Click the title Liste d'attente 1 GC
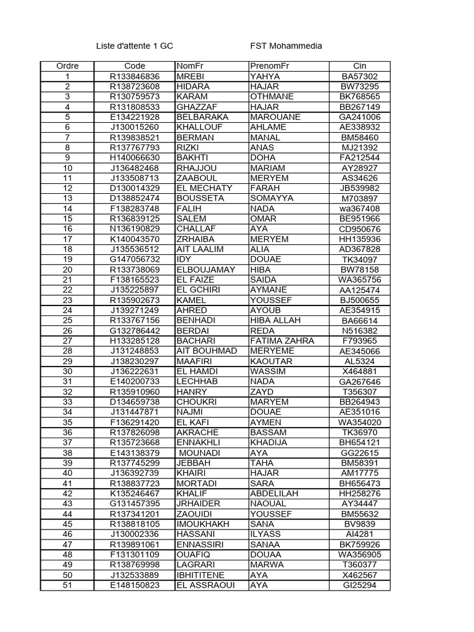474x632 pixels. (x=135, y=46)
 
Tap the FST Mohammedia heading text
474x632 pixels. (x=286, y=46)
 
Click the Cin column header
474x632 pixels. (x=359, y=66)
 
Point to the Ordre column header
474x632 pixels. (x=67, y=66)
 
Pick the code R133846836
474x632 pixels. (x=135, y=77)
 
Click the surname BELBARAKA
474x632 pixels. (x=202, y=117)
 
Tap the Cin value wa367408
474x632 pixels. (x=360, y=209)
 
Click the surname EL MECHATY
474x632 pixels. (x=204, y=188)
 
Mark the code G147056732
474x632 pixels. (x=135, y=259)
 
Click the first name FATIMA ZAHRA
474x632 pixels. (x=282, y=341)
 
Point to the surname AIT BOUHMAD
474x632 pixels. (x=206, y=351)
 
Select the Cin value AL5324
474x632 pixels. (x=360, y=361)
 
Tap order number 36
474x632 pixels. (x=67, y=433)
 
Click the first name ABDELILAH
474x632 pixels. (x=273, y=494)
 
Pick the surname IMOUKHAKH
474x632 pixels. (x=203, y=524)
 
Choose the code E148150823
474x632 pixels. (x=135, y=585)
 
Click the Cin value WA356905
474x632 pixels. (x=360, y=555)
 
